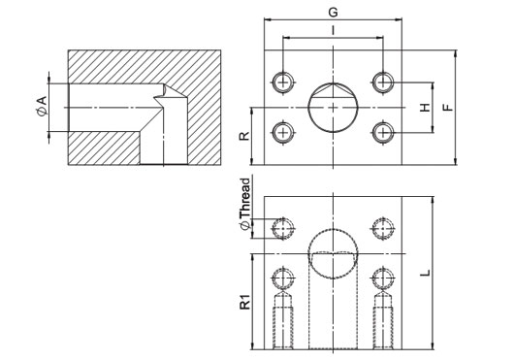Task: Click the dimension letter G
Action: coord(333,13)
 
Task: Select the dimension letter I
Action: coord(333,30)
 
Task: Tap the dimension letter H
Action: coord(425,107)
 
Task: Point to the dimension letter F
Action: coord(448,107)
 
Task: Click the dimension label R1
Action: coord(245,302)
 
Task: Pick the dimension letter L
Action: coord(425,273)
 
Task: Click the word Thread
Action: coord(245,198)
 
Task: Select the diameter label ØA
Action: coord(42,106)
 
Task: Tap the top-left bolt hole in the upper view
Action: coord(283,82)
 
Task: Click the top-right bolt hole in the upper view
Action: coord(383,82)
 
